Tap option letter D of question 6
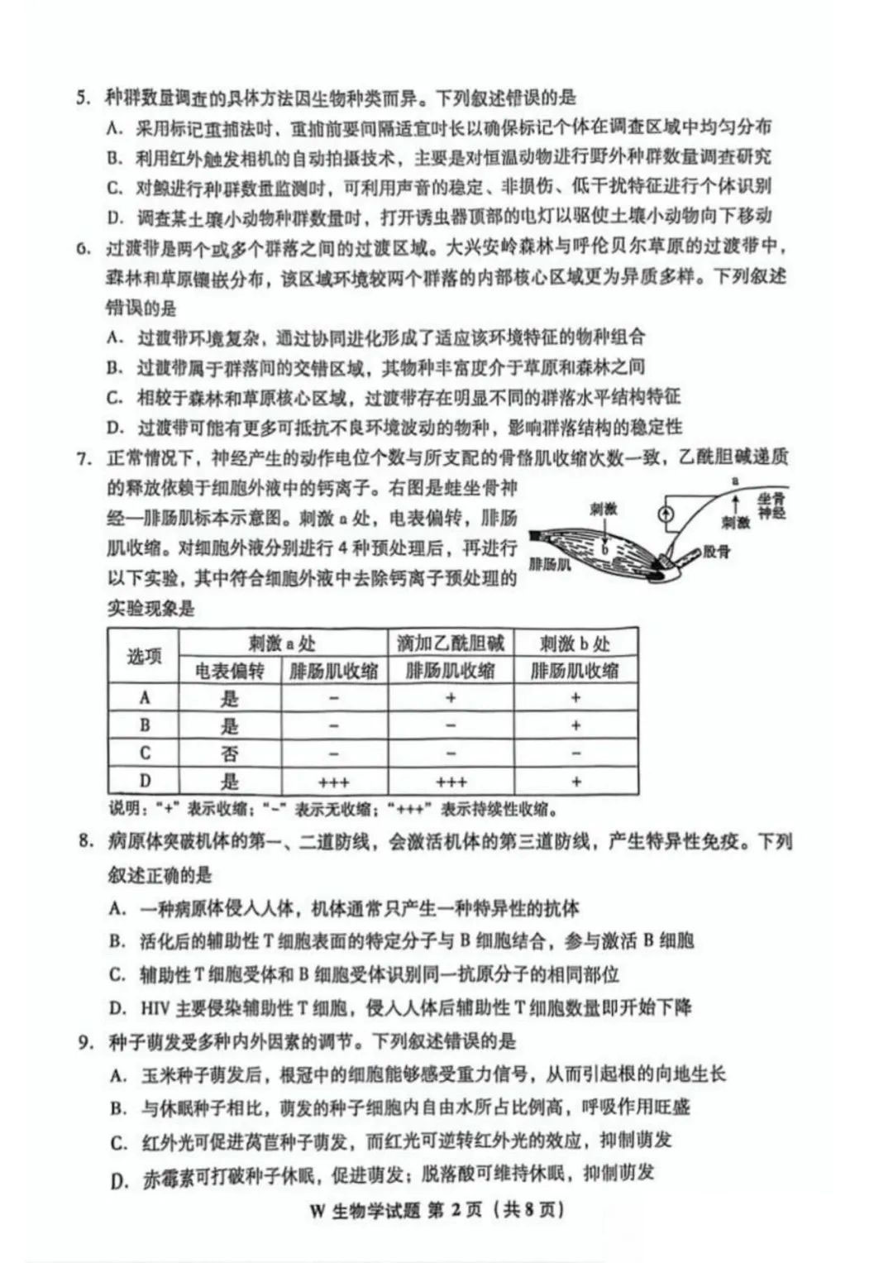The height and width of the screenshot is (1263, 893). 115,428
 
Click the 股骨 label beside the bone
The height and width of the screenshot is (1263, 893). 718,552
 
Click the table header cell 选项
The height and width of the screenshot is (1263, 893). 144,657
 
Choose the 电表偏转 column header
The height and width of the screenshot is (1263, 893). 229,672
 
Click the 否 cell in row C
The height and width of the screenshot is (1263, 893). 229,753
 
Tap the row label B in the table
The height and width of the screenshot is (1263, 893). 145,726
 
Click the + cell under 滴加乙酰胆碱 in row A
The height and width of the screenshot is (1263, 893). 451,698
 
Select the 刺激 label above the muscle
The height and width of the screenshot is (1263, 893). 603,510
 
